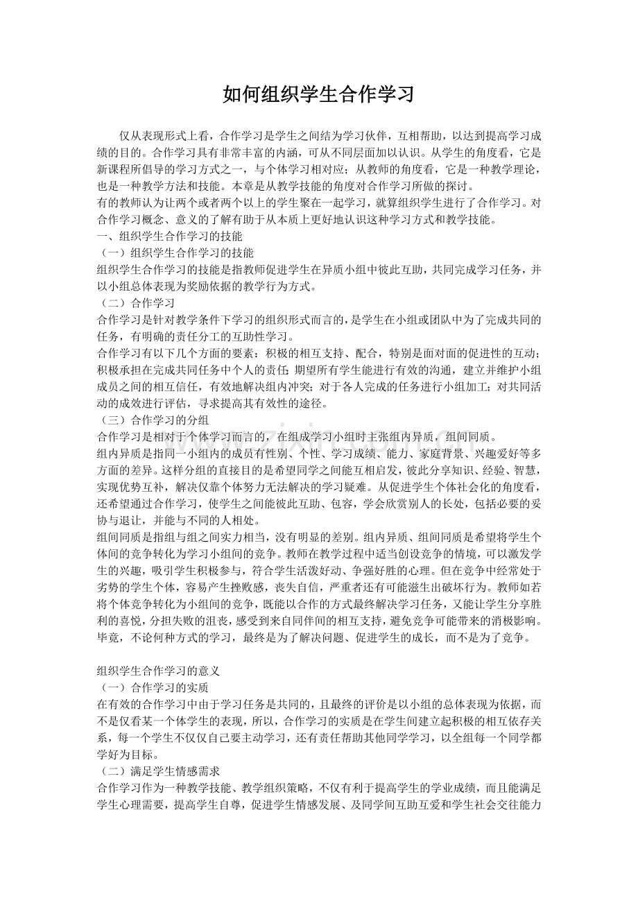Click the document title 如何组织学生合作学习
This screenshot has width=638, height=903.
pyautogui.click(x=318, y=94)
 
